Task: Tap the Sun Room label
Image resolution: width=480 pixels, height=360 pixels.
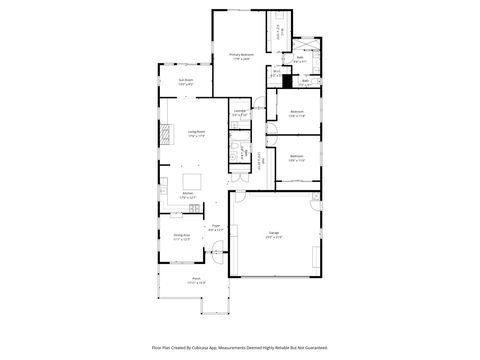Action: tap(185, 81)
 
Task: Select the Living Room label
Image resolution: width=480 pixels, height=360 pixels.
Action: tap(196, 132)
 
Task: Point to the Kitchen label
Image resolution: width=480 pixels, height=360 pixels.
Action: tap(187, 197)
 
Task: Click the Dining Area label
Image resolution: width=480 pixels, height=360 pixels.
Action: tap(181, 236)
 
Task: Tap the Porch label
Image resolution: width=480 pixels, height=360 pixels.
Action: tap(197, 281)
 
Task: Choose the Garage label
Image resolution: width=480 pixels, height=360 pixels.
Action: tap(273, 234)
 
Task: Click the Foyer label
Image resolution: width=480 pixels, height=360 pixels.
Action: tap(216, 228)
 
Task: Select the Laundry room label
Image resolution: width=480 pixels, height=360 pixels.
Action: tap(240, 112)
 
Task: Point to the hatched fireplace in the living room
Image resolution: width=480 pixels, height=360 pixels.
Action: tap(165, 133)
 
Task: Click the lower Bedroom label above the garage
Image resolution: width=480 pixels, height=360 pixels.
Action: tap(296, 157)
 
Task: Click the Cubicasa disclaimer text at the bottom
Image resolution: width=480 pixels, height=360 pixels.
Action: tap(240, 348)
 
